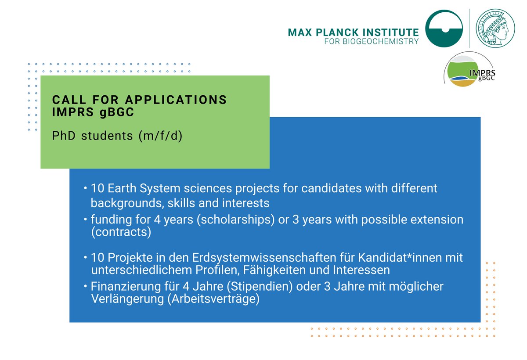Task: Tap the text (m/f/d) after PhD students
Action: pos(160,136)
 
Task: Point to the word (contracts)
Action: pos(121,232)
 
